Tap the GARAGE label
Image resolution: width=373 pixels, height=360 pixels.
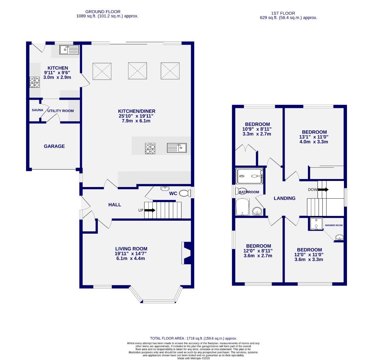pyautogui.click(x=54, y=146)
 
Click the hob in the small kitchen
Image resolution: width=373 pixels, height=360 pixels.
pyautogui.click(x=35, y=82)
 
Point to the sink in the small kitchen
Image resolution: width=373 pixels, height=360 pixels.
pyautogui.click(x=69, y=50)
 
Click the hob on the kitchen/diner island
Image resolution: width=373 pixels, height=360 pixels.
pyautogui.click(x=150, y=148)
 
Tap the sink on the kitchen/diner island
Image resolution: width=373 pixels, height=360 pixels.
pyautogui.click(x=177, y=148)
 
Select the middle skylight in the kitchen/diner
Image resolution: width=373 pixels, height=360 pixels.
pyautogui.click(x=137, y=70)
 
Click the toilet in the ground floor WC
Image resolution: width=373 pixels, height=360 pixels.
pyautogui.click(x=184, y=193)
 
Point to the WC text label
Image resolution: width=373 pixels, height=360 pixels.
pyautogui.click(x=173, y=193)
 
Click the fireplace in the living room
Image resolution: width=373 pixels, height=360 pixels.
pyautogui.click(x=187, y=253)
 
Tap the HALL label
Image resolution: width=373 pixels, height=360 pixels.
pyautogui.click(x=114, y=205)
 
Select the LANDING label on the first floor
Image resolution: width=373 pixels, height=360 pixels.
pyautogui.click(x=284, y=198)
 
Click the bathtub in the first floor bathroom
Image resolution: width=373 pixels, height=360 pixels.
pyautogui.click(x=242, y=207)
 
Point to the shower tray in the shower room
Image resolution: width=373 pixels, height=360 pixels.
pyautogui.click(x=316, y=224)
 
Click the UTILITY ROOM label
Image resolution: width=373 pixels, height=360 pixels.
pyautogui.click(x=60, y=111)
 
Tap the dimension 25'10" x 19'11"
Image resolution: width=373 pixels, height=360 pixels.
pyautogui.click(x=136, y=116)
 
